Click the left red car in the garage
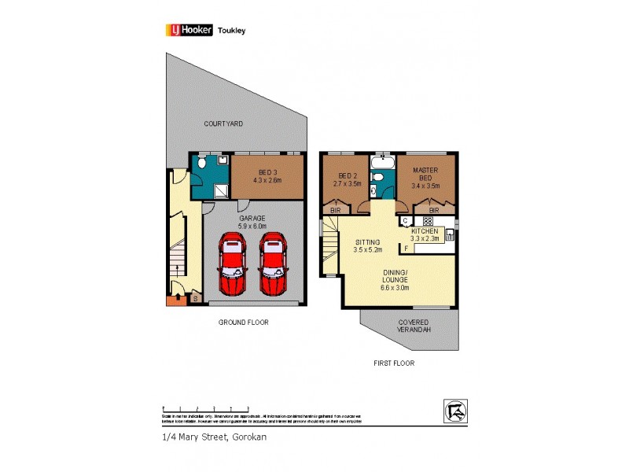[x=234, y=264]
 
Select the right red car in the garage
[x=273, y=264]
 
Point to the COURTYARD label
[x=223, y=124]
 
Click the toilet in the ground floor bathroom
[x=202, y=164]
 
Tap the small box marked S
[x=195, y=299]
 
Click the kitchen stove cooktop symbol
[x=429, y=221]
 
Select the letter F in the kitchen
[x=406, y=249]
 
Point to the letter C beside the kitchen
[x=406, y=221]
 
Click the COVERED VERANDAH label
[x=413, y=326]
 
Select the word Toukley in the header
[x=235, y=30]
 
